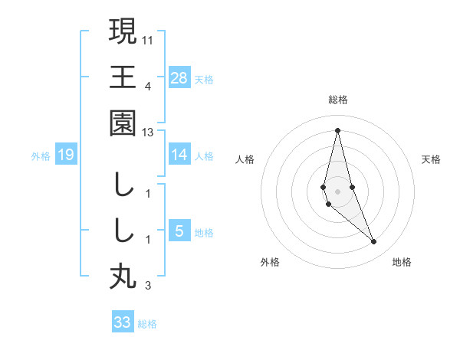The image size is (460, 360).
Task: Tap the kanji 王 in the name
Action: point(123,77)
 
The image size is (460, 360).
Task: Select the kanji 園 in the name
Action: point(123,123)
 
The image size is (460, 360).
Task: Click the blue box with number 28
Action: point(179,77)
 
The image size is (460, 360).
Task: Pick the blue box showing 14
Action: point(179,155)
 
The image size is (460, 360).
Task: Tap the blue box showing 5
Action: point(179,231)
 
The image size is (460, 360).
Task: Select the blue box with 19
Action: point(65,155)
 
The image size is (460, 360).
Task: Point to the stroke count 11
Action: point(148,39)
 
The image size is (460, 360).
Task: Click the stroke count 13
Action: point(148,133)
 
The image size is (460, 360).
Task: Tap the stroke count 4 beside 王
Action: point(148,86)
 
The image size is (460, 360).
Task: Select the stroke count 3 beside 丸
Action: point(148,286)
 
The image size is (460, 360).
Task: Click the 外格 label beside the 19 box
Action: point(41,156)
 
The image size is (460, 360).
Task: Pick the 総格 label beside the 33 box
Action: point(147,323)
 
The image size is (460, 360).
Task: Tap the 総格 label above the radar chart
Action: point(337,100)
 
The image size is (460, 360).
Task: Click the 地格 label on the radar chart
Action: point(402,262)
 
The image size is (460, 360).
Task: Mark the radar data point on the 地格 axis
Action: point(374,242)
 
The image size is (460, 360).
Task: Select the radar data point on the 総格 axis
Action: point(337,130)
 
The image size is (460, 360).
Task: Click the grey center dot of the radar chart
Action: point(337,191)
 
